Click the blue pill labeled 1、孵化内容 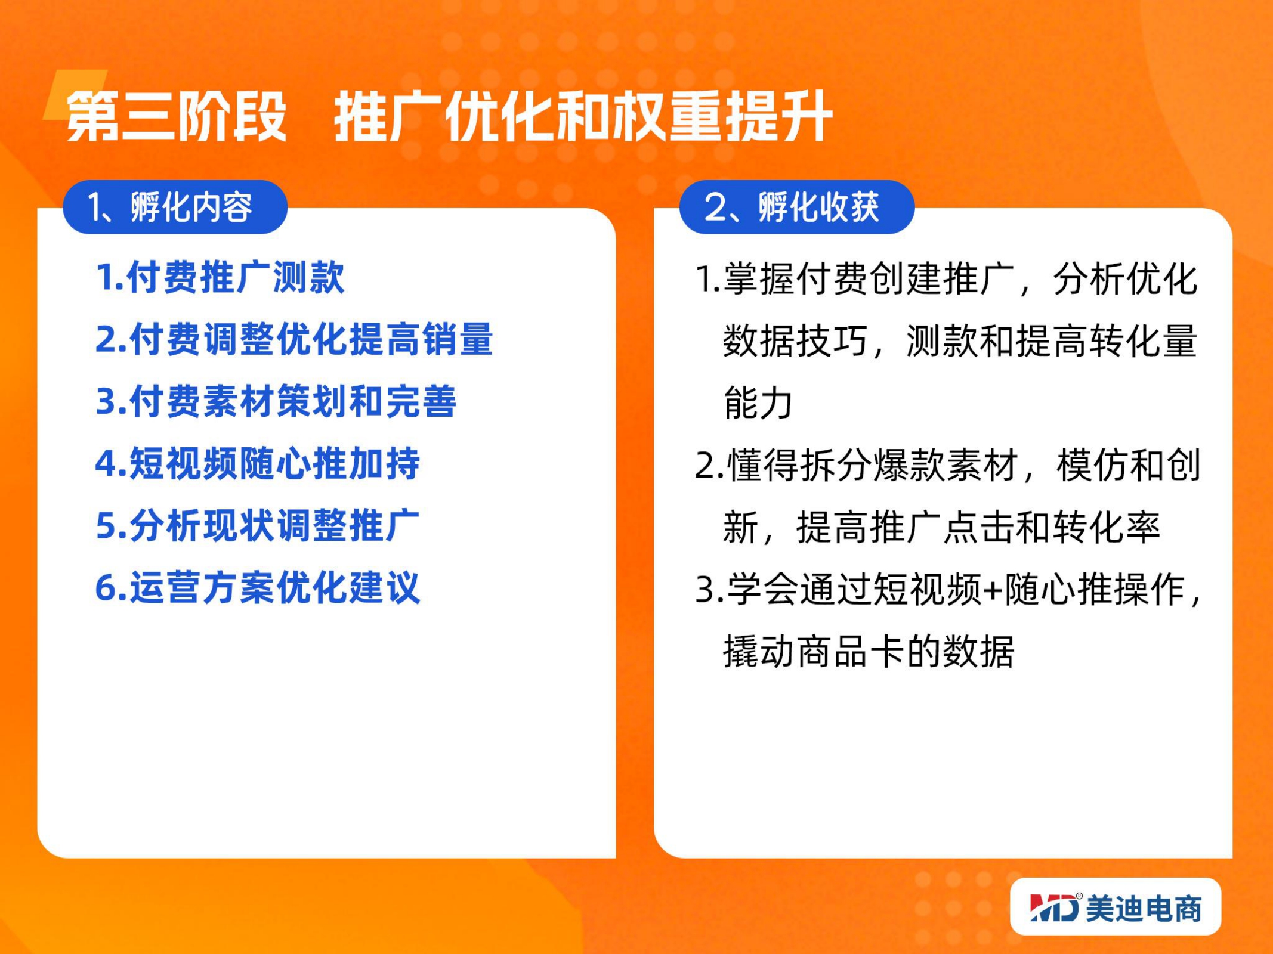175,207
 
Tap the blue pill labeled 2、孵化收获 797,207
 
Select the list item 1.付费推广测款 220,277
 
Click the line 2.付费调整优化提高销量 294,339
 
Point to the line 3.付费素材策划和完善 276,401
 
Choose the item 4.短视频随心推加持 258,463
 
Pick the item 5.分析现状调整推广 258,525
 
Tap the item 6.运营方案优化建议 258,587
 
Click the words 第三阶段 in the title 177,116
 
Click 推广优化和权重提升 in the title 583,116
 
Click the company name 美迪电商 1144,908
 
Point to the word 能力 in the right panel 758,402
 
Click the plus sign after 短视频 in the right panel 993,590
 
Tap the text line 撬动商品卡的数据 869,651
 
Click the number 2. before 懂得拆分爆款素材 709,466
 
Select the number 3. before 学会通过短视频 709,590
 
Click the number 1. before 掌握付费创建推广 708,279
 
